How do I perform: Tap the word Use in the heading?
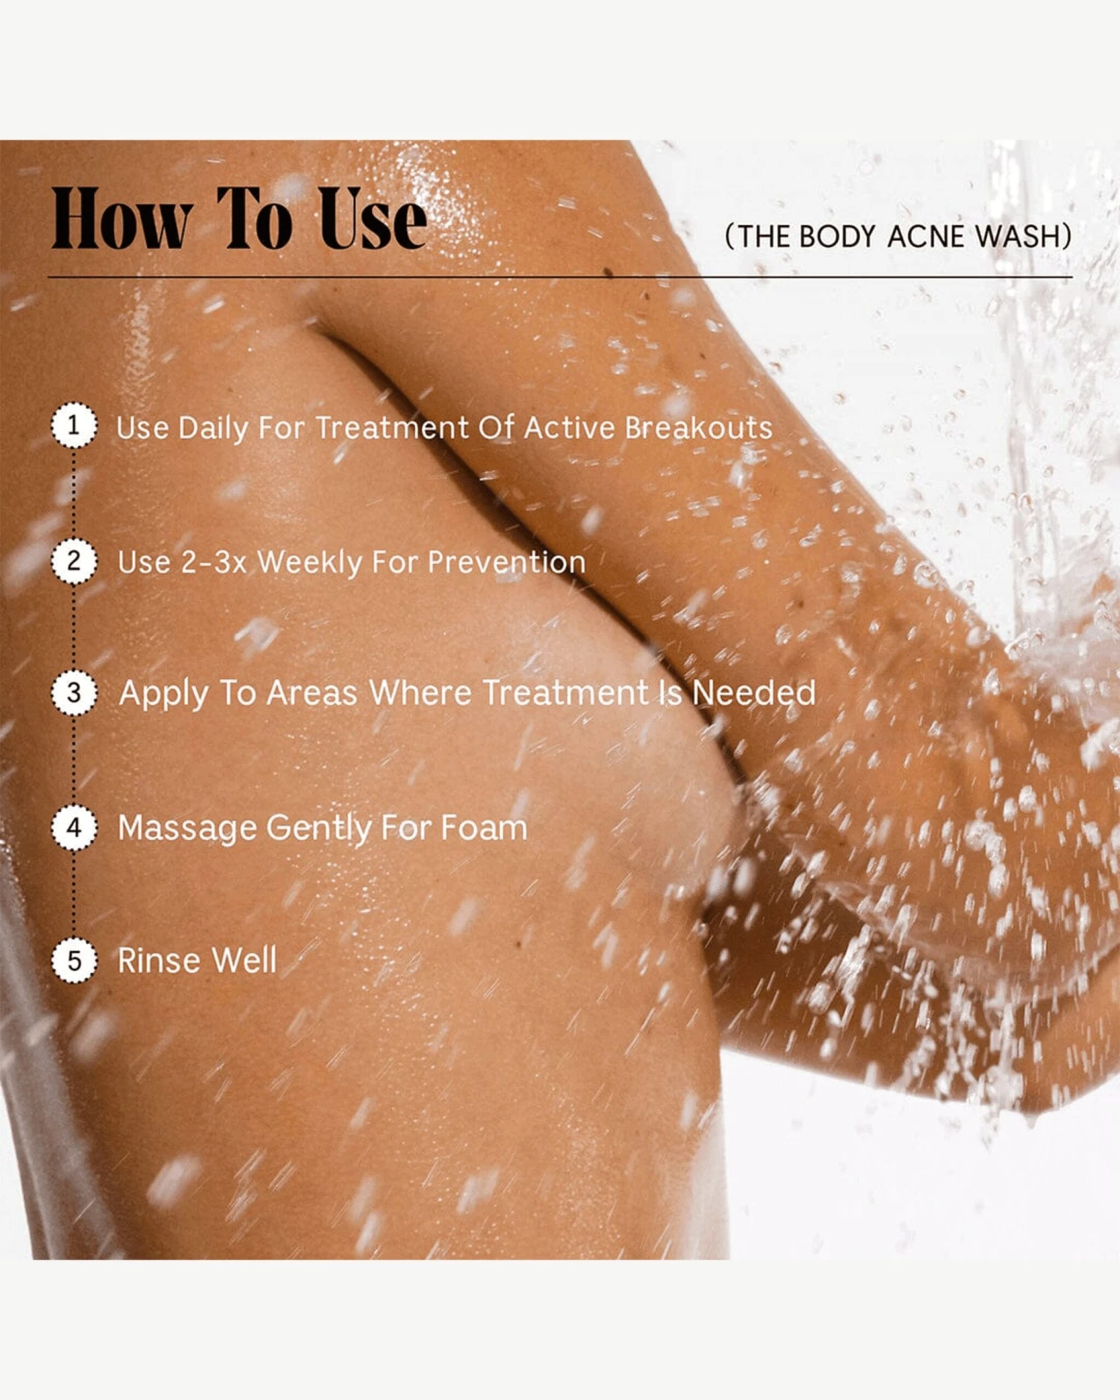pos(373,219)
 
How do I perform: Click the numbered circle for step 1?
pos(73,425)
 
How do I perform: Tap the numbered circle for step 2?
pos(73,560)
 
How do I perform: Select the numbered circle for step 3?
pos(73,692)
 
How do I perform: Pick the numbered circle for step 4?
pos(73,827)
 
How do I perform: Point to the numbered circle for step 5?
pos(73,959)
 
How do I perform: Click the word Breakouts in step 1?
pos(698,428)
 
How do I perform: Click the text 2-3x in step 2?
pos(214,561)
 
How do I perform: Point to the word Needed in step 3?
pos(753,692)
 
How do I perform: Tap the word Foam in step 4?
pos(484,827)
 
